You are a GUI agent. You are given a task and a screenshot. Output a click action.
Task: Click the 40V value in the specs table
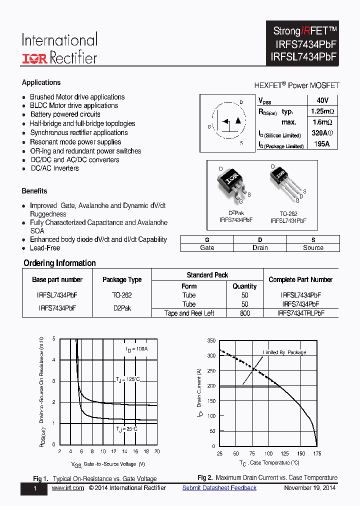click(x=322, y=100)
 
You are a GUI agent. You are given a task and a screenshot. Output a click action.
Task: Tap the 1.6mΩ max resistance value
click(x=323, y=122)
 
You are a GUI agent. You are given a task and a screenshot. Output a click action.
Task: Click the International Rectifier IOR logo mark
click(x=34, y=58)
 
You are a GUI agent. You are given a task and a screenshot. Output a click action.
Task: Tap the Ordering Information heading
click(x=59, y=263)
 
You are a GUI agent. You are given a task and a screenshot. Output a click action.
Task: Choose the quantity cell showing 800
click(x=244, y=313)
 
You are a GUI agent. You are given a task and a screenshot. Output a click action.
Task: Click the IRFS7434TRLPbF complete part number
click(x=300, y=313)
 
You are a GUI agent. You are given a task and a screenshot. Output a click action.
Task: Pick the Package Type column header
click(x=122, y=279)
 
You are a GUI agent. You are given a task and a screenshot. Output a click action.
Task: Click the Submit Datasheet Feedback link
click(x=219, y=488)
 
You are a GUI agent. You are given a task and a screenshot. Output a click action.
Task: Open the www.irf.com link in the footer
click(x=67, y=488)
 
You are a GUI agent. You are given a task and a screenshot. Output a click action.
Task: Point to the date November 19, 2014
click(x=309, y=488)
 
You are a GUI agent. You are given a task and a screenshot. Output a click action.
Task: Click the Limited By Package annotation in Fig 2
click(x=284, y=352)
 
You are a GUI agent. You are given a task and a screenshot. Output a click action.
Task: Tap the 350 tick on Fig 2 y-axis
click(x=210, y=340)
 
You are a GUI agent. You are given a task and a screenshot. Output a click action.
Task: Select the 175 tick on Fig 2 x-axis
click(x=316, y=453)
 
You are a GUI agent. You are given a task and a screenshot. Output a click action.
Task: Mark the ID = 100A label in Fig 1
click(x=136, y=348)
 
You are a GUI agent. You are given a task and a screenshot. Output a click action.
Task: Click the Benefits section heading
click(x=34, y=191)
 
